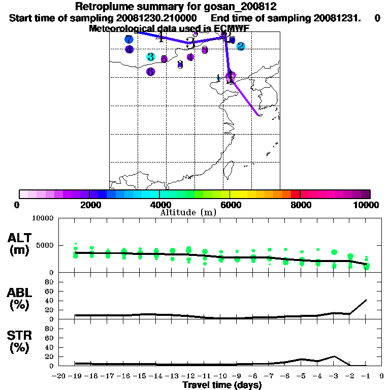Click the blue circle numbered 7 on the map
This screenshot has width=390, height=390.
[x=129, y=39]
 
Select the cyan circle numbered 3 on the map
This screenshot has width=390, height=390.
[x=150, y=57]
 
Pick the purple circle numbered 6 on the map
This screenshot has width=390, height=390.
[x=150, y=72]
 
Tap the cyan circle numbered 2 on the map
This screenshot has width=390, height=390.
[x=241, y=46]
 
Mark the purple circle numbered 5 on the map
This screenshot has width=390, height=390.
[x=164, y=59]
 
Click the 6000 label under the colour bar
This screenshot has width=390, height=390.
[x=230, y=205]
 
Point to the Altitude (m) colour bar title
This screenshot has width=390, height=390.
[x=188, y=212]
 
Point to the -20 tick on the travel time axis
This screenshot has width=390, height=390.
[x=60, y=376]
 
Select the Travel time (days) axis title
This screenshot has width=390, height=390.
[x=222, y=385]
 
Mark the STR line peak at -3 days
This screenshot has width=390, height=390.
[x=334, y=356]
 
